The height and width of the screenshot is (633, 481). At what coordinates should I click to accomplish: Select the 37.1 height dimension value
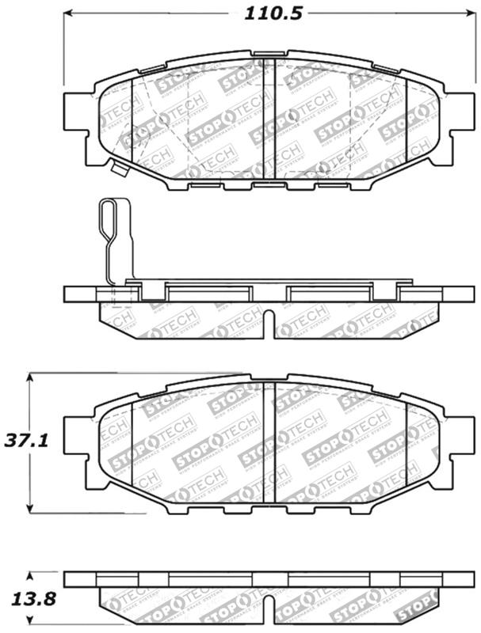click(x=26, y=440)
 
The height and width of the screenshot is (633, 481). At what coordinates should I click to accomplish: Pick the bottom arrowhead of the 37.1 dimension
click(x=30, y=507)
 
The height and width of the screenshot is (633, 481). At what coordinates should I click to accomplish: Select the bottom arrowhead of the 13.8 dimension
click(x=30, y=622)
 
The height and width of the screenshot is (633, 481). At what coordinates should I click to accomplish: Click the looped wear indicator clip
click(x=111, y=229)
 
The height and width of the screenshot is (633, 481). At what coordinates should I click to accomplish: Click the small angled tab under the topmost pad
click(x=120, y=169)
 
